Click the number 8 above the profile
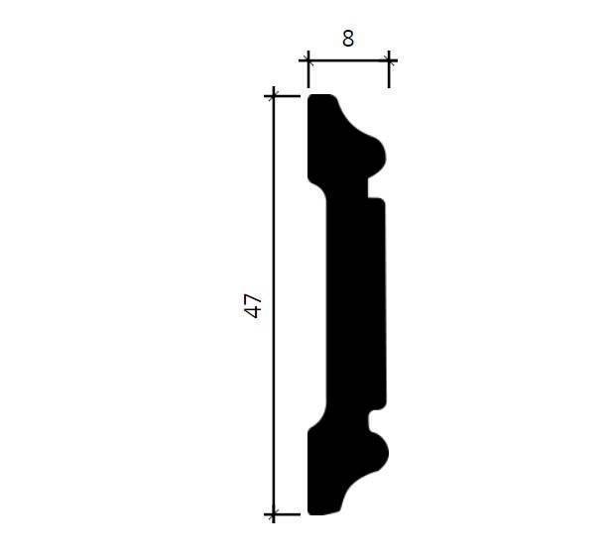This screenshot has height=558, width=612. [348, 39]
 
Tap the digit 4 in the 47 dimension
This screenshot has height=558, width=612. [254, 312]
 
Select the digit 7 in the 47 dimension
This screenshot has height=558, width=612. [254, 298]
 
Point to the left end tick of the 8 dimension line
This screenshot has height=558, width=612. [308, 60]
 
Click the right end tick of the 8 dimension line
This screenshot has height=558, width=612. [389, 60]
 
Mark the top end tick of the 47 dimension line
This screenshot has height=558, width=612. [274, 96]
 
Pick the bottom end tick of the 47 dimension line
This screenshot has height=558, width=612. [274, 514]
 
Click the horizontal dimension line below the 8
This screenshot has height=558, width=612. [348, 60]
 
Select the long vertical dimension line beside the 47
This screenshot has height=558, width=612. [274, 305]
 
